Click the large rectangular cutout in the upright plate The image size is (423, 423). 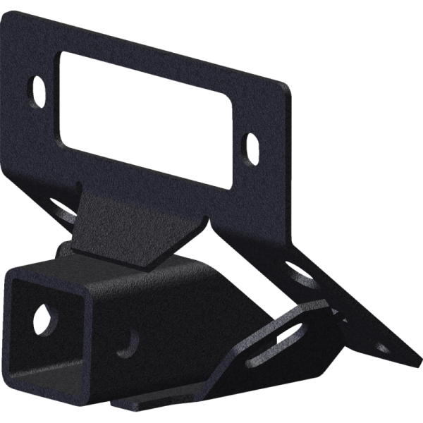[145, 116]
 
